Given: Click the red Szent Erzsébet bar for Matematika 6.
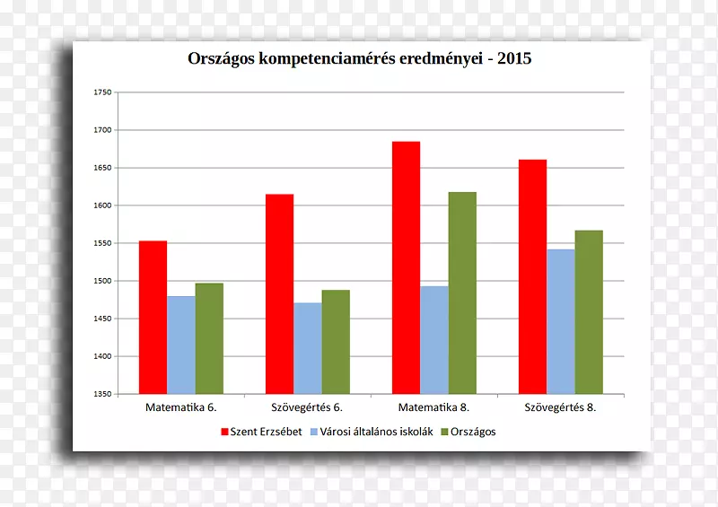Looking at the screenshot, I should [153, 317].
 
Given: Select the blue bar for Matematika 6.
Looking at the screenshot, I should [180, 345].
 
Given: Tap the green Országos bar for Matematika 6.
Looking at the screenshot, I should [209, 338].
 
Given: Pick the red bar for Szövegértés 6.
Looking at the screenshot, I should [279, 293].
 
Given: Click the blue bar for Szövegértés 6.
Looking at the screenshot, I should [307, 348].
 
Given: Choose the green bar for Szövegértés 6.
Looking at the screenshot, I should [336, 342].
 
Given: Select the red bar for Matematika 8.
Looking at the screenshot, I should [406, 267].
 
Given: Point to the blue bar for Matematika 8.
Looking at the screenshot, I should [434, 340].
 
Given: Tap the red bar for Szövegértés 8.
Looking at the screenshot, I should [532, 276].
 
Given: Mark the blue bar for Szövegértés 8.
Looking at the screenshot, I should [561, 321].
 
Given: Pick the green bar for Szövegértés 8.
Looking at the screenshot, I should [589, 311].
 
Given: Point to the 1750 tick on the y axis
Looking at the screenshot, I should [102, 92].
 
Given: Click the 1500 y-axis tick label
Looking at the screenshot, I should [102, 281].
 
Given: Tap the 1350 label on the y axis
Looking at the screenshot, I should [102, 394].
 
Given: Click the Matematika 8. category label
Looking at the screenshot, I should [433, 406].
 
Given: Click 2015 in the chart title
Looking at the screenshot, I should [512, 59].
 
